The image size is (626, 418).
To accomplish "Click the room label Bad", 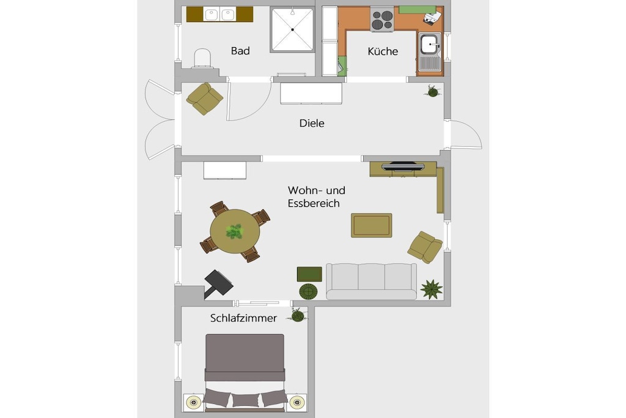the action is tap(240, 51).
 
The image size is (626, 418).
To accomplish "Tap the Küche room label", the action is tap(383, 51).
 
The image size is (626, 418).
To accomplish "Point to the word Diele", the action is tap(312, 123).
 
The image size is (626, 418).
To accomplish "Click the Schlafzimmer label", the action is tap(243, 318).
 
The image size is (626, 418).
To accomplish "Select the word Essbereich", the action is tap(314, 203).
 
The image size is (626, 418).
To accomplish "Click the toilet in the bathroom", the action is tap(202, 58).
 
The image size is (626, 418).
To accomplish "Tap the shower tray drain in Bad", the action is tap(293, 29).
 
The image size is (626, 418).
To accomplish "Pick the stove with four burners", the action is tap(383, 19).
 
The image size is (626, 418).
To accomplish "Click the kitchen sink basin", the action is tap(429, 44).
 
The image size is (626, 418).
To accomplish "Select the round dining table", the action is tap(235, 231).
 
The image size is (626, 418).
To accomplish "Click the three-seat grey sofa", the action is tap(371, 282).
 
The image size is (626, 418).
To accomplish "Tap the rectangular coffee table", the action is tap(372, 225).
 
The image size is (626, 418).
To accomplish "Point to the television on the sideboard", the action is tap(403, 165).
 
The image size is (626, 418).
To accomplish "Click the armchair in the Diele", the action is tap(204, 99).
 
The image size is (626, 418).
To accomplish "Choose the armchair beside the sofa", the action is tap(425, 247).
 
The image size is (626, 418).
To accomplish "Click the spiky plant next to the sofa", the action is tap(431, 289).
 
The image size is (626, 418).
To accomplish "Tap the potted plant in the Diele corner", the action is tap(432, 92).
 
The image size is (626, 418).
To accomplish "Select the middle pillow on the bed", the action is tap(245, 399).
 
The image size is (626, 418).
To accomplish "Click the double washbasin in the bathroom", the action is tap(219, 15).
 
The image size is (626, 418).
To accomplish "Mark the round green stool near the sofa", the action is tap(308, 292).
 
